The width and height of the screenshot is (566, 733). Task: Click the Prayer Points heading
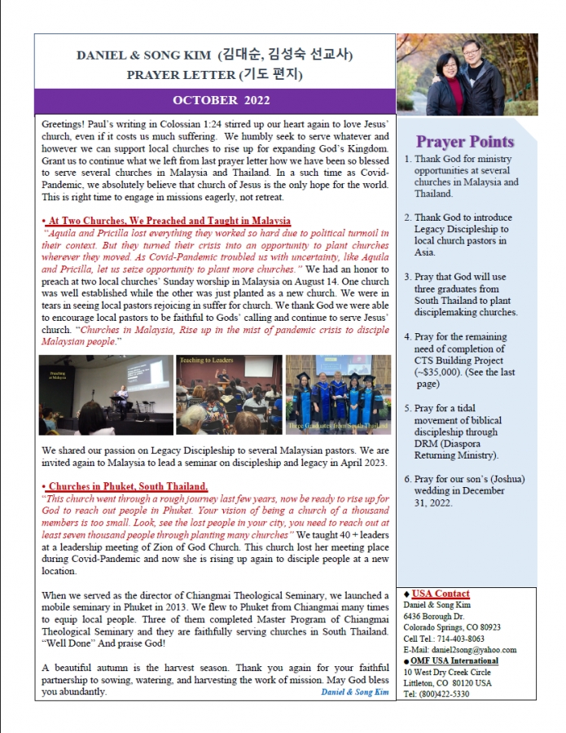click(465, 142)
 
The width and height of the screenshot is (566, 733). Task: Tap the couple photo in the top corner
click(467, 74)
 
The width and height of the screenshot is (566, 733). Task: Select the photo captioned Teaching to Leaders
click(229, 394)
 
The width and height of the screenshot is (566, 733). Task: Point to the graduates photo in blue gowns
click(338, 394)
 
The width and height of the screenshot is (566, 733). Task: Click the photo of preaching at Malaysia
click(105, 394)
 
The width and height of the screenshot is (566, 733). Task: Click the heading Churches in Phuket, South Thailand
click(126, 486)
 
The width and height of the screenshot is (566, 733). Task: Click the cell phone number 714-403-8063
click(471, 639)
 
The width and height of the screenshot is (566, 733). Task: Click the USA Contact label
click(441, 594)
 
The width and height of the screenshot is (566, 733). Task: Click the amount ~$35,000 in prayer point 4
click(441, 372)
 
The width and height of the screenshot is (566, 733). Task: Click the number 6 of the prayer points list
click(408, 481)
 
